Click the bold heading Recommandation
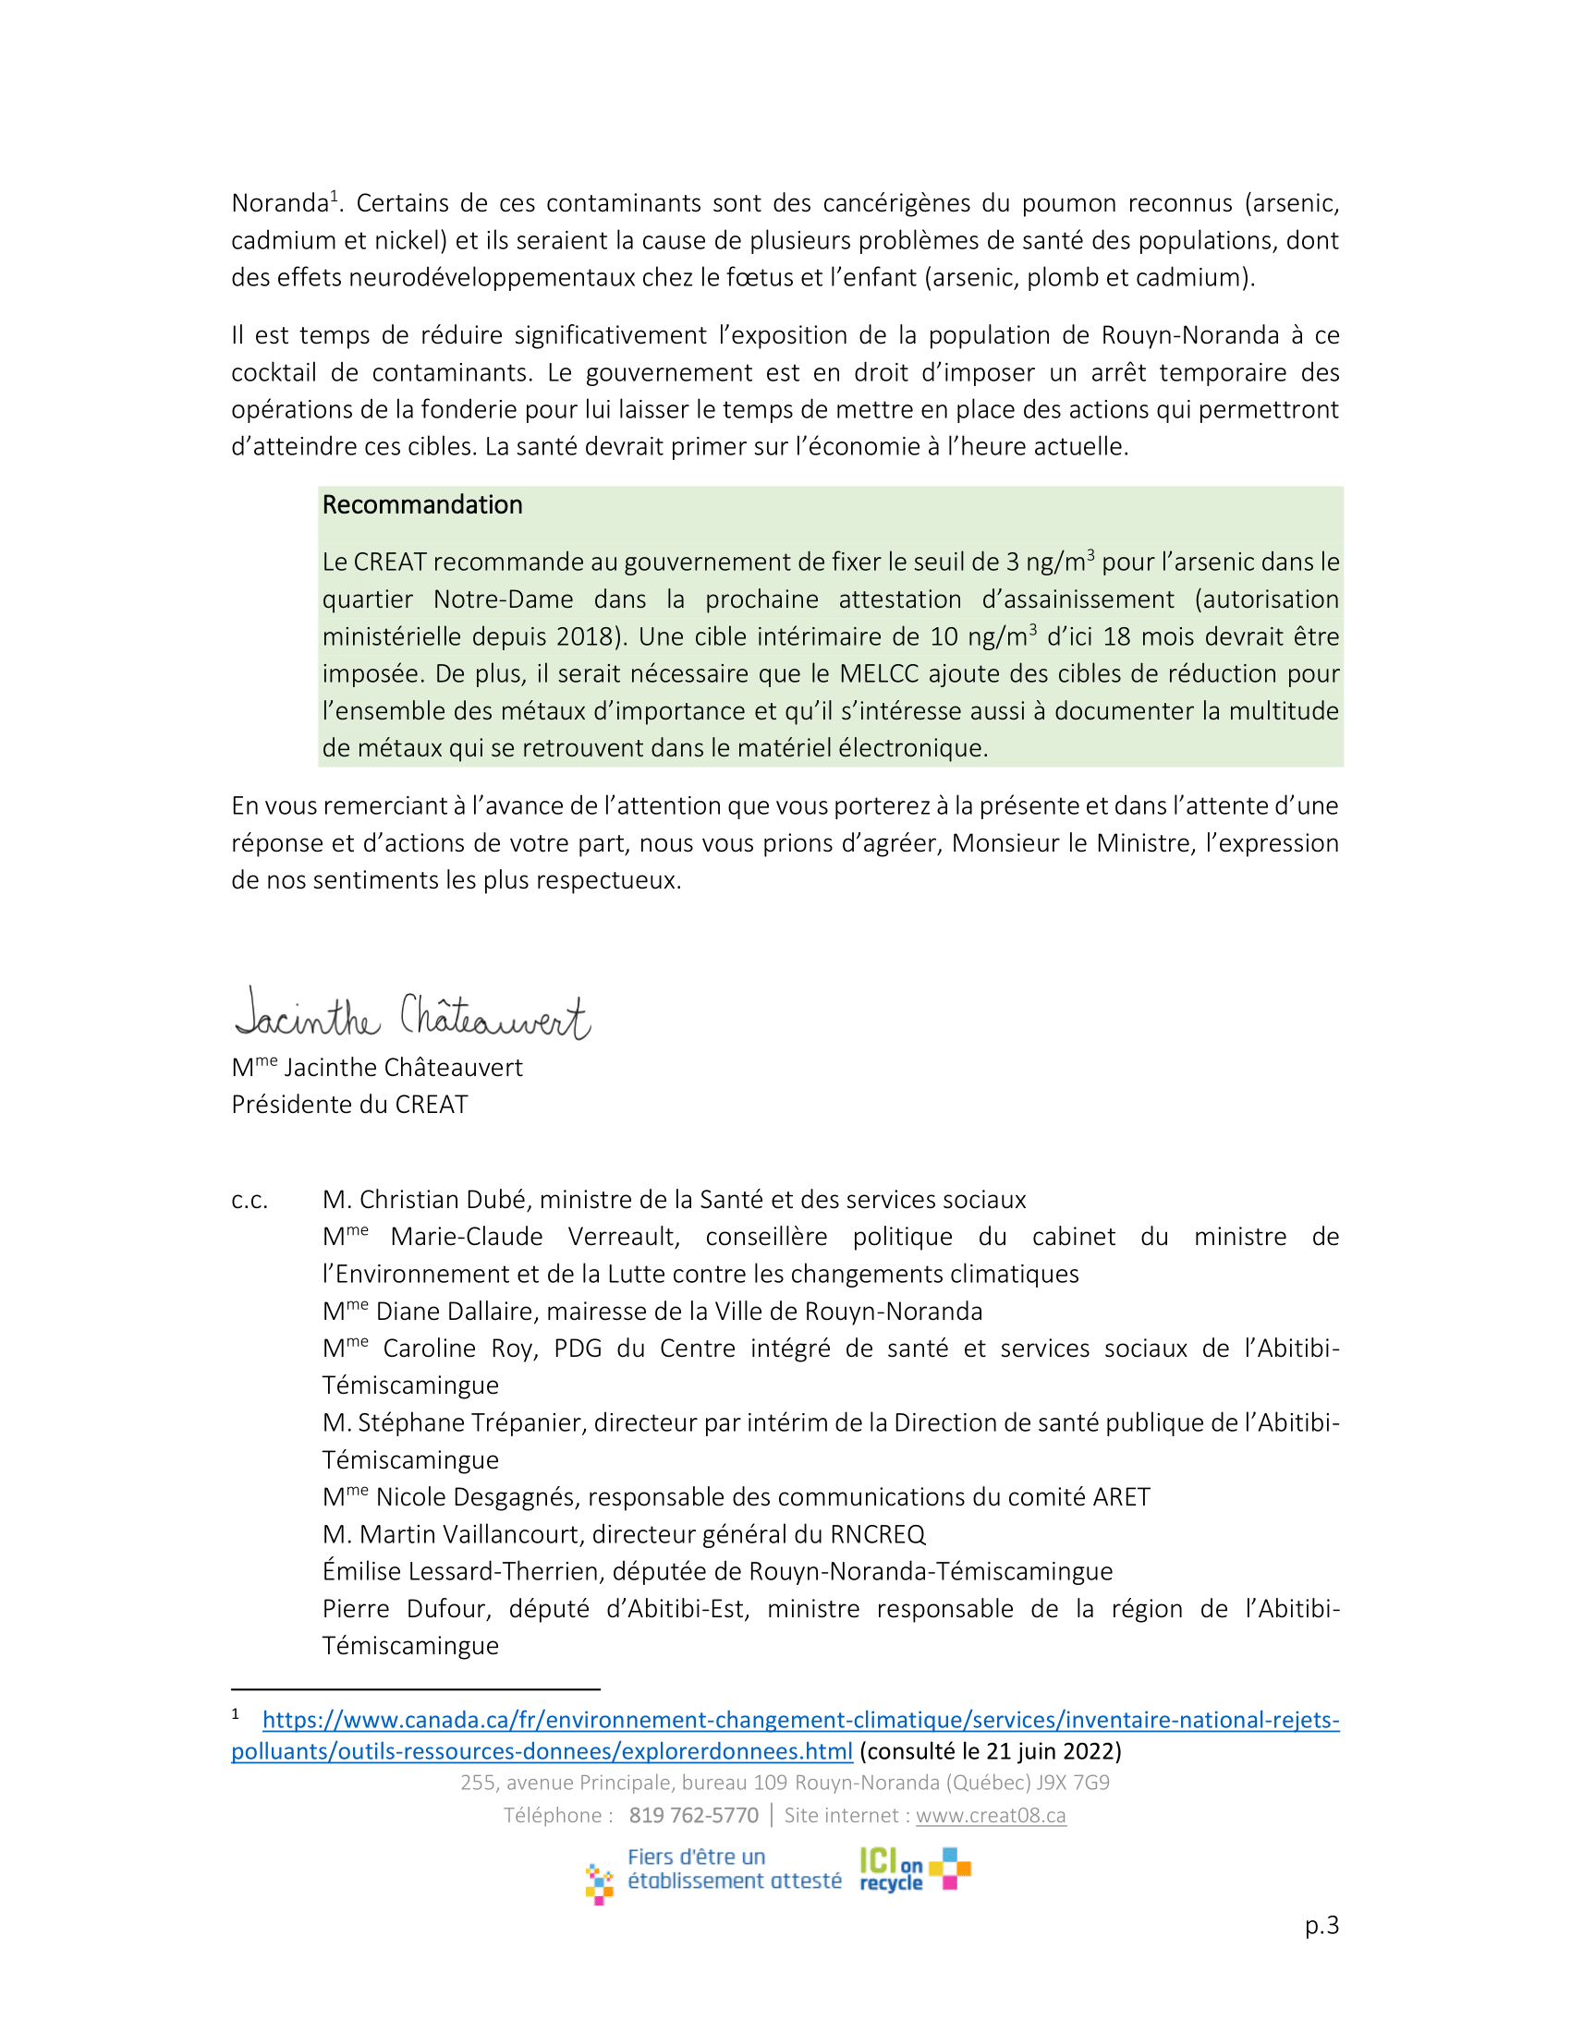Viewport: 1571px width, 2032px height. tap(421, 505)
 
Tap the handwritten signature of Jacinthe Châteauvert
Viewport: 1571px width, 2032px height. tap(412, 1015)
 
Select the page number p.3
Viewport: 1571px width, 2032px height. tap(1321, 1925)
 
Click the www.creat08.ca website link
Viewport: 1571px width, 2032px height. tap(991, 1815)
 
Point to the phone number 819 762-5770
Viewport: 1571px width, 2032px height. tap(693, 1815)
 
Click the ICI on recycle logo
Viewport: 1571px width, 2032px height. tap(914, 1870)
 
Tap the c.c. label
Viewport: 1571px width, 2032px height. tap(250, 1200)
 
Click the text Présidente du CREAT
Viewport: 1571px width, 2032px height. tap(349, 1105)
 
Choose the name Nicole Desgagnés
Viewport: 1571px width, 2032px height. tap(475, 1497)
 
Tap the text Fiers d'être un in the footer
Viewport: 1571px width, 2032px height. tap(696, 1857)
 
